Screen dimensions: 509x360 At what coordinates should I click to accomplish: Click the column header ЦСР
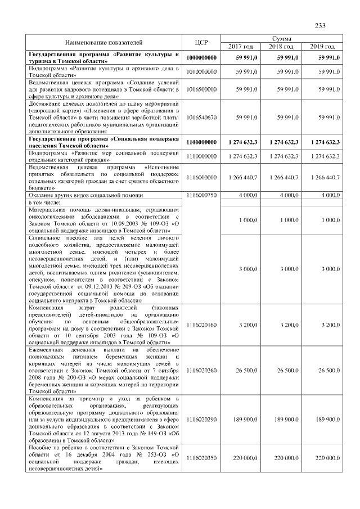[x=201, y=42]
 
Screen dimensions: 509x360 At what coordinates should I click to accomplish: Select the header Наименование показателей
[x=103, y=42]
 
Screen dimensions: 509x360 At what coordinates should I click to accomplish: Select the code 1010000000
[x=201, y=71]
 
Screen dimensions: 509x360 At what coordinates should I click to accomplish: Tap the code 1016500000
[x=201, y=89]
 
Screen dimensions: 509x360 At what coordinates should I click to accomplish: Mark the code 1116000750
[x=201, y=195]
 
